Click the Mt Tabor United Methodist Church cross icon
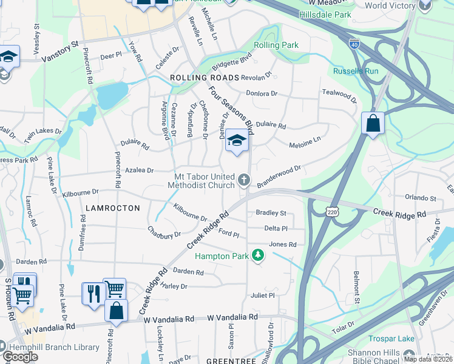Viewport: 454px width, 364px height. coord(244,179)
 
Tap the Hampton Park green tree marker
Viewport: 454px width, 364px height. coord(259,255)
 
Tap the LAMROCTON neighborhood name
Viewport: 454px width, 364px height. coord(113,207)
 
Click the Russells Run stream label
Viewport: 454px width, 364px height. coord(356,71)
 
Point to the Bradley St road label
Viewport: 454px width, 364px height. coord(271,213)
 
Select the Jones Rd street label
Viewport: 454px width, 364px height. coord(282,244)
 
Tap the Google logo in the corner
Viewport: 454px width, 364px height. coord(20,356)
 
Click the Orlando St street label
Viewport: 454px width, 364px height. coord(421,198)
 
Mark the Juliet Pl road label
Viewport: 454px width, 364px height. coord(263,295)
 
